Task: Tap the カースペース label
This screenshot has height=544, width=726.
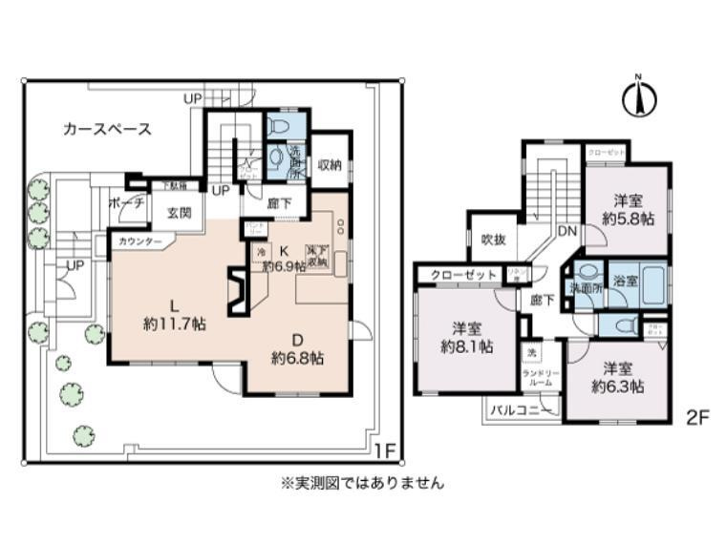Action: point(107,130)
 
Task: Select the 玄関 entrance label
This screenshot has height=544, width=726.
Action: point(181,213)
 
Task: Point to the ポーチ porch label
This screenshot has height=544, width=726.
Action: point(127,203)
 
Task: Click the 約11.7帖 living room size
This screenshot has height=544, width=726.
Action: point(175,324)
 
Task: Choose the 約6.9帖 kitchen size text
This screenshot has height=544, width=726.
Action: point(284,266)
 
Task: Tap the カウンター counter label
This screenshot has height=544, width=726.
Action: point(141,242)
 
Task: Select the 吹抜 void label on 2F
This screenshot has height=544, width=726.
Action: point(493,239)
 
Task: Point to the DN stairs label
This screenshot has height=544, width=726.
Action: point(567,231)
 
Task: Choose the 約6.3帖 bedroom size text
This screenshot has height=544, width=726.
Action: point(617,387)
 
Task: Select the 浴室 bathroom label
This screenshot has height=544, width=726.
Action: point(627,282)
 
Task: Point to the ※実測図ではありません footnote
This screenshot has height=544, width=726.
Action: point(362,483)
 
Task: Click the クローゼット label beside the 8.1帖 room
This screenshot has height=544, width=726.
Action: point(464,275)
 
